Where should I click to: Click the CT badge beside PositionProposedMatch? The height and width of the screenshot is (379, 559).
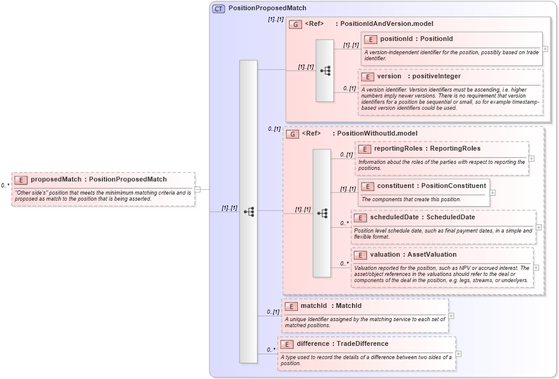[x=218, y=8]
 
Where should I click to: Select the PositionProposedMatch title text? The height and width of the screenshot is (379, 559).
[x=267, y=8]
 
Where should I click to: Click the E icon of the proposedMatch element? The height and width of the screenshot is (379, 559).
[x=21, y=180]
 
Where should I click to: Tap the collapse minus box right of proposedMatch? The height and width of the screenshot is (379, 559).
[x=197, y=189]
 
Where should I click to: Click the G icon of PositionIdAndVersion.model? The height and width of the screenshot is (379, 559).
[x=295, y=24]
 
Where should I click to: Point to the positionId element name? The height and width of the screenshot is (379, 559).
[x=396, y=39]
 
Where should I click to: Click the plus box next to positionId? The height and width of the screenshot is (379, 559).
[x=545, y=49]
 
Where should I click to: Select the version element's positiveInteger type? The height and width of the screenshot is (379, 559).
[x=436, y=77]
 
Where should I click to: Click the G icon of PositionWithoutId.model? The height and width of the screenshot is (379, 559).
[x=292, y=134]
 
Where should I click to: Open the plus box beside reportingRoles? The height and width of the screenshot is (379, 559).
[x=531, y=158]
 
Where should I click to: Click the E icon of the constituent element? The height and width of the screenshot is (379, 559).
[x=367, y=186]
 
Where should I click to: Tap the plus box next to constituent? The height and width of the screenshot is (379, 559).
[x=493, y=193]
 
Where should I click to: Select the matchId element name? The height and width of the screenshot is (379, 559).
[x=313, y=306]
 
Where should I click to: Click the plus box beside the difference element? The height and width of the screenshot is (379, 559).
[x=459, y=354]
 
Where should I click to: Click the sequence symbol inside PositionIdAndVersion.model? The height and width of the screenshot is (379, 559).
[x=325, y=70]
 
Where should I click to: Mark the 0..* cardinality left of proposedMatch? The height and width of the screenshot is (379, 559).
[x=5, y=186]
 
